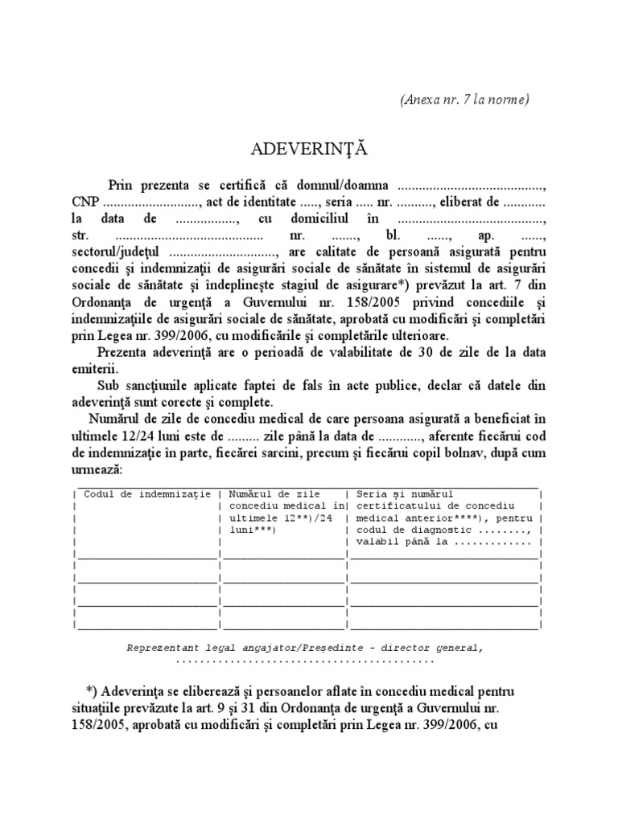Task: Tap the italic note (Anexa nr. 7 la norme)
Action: (463, 99)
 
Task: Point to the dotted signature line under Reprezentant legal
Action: (304, 660)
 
